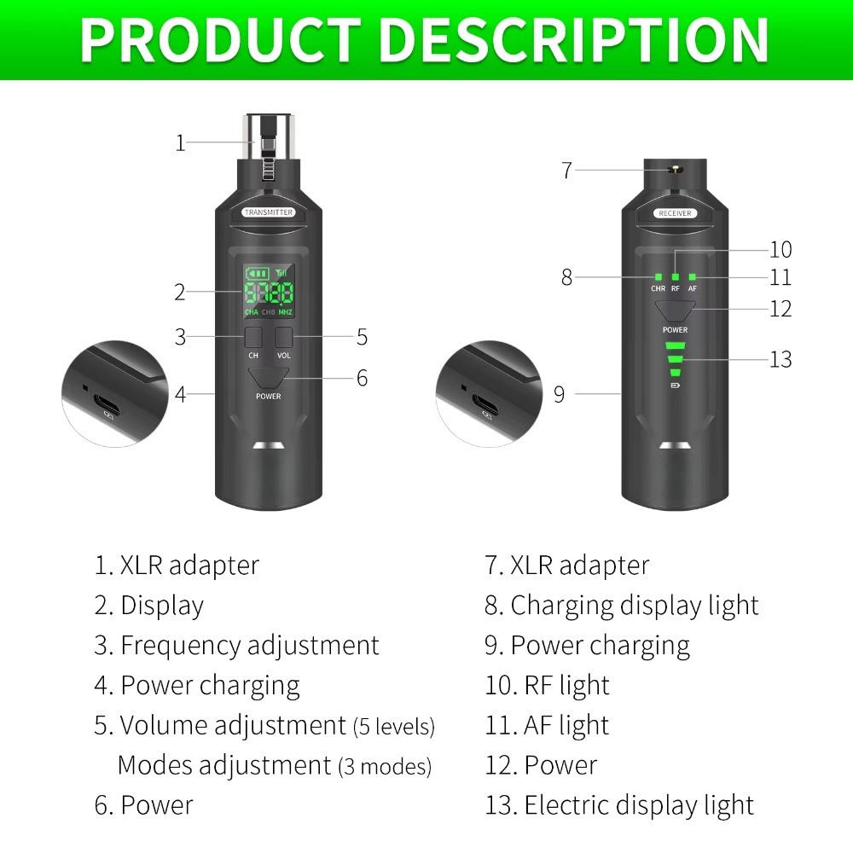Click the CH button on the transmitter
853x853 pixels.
(253, 336)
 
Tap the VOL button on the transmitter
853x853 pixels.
(284, 336)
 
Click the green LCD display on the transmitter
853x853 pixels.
(269, 291)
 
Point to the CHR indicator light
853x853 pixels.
(659, 276)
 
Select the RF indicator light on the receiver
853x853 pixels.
(676, 276)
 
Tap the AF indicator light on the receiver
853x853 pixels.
(693, 276)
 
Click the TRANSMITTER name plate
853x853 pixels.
(269, 212)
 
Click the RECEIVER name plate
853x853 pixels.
(675, 212)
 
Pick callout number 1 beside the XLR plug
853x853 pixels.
(180, 142)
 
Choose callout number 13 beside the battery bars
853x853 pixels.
(780, 359)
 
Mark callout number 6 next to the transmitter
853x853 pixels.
(362, 378)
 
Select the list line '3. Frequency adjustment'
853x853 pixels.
(236, 645)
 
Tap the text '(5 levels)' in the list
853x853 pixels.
(393, 727)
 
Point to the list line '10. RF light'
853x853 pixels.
(547, 685)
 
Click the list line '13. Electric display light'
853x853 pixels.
(619, 805)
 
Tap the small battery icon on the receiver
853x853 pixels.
(676, 386)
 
